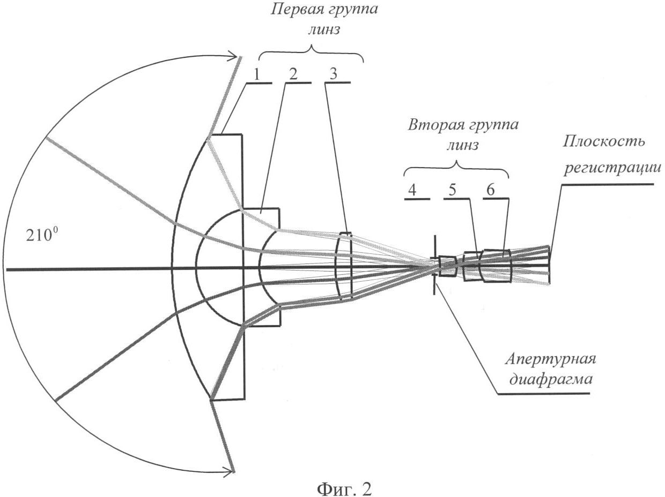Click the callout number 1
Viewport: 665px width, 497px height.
point(257,74)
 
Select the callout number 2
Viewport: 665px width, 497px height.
point(293,74)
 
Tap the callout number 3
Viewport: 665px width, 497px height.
point(334,74)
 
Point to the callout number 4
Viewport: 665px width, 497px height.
point(412,190)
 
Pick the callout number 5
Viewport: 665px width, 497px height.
point(452,190)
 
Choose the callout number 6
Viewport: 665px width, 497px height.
point(491,190)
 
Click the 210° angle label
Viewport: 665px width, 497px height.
point(39,235)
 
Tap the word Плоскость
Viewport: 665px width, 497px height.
point(604,141)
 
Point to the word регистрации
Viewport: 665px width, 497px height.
point(612,167)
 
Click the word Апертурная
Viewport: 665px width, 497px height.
point(550,359)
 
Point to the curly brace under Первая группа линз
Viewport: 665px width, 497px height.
point(311,54)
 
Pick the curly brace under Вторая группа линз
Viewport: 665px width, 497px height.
point(456,169)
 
